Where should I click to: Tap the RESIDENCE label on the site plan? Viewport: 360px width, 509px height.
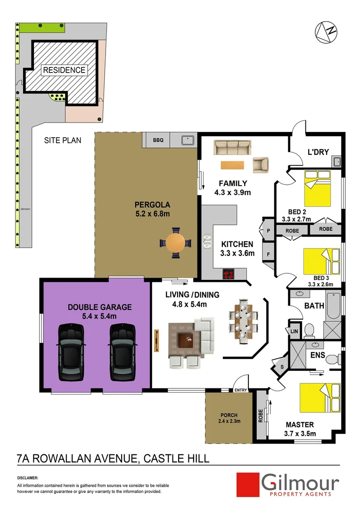(x=64, y=70)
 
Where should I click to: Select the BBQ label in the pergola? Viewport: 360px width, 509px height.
(x=158, y=140)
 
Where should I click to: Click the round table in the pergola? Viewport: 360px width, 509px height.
(x=175, y=243)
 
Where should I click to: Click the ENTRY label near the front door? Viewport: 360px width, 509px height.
(x=240, y=390)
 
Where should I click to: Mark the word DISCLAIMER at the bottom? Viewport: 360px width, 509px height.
(x=27, y=478)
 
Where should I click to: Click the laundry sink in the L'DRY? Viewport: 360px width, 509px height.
(x=337, y=162)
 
